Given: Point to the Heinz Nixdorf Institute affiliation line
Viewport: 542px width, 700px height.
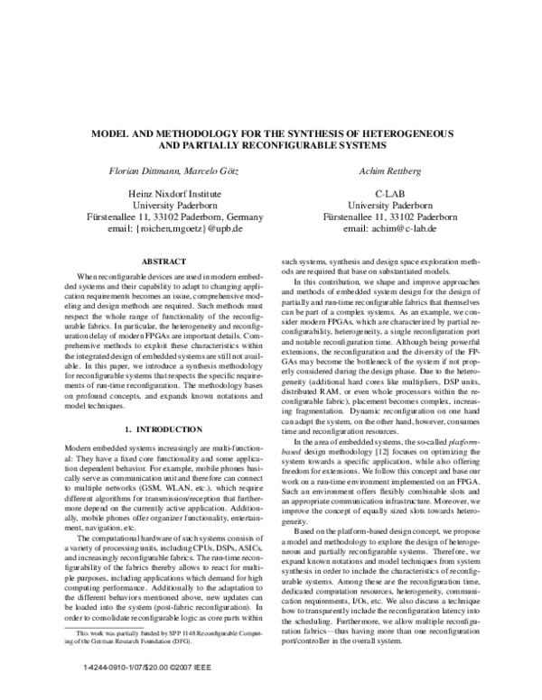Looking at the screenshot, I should tap(172, 193).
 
